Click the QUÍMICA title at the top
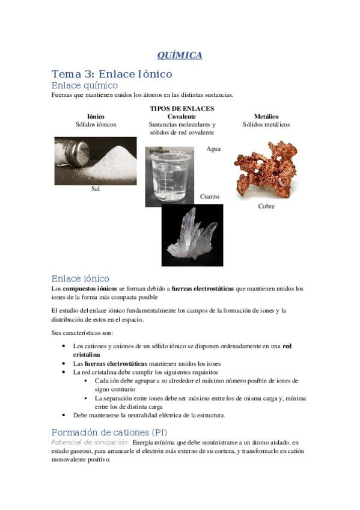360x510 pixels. click(x=180, y=55)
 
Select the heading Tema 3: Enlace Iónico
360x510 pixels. click(x=112, y=74)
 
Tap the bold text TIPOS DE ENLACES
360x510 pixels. click(x=182, y=109)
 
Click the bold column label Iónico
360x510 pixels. click(x=96, y=117)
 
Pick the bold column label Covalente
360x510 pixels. click(x=182, y=117)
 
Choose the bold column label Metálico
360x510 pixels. click(x=266, y=117)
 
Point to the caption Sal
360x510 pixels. click(x=95, y=189)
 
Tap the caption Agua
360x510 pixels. click(x=213, y=148)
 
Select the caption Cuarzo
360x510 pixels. click(x=210, y=197)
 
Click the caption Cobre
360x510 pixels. click(x=266, y=206)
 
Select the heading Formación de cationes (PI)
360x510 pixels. click(x=109, y=432)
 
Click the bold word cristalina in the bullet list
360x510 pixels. click(x=87, y=355)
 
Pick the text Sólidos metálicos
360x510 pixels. click(x=266, y=124)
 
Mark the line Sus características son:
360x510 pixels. click(x=82, y=333)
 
